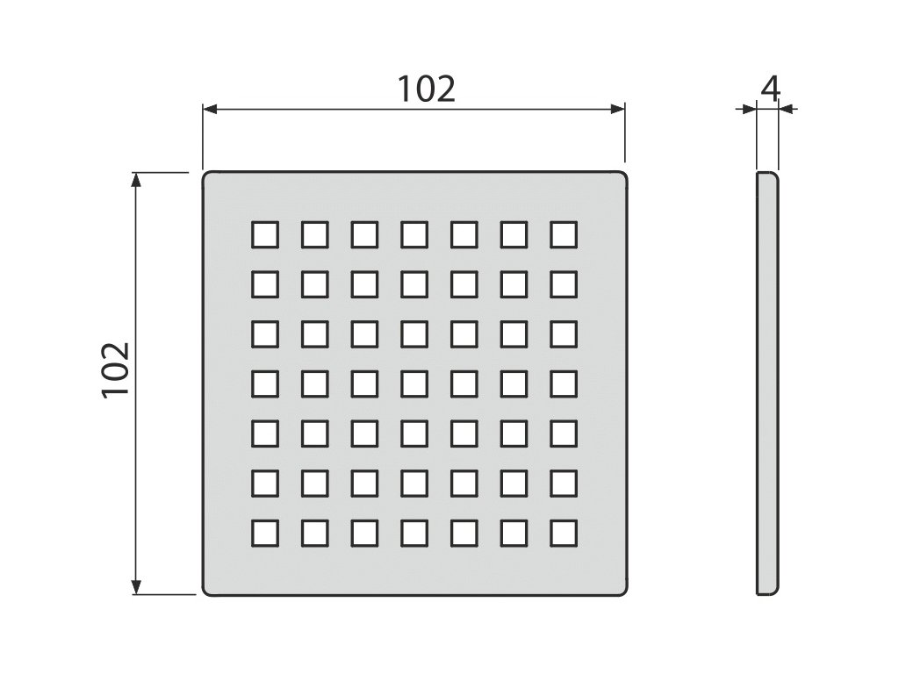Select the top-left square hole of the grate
pyautogui.click(x=264, y=234)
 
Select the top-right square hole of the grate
pyautogui.click(x=565, y=234)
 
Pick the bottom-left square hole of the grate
pyautogui.click(x=264, y=532)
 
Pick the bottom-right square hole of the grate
pyautogui.click(x=565, y=532)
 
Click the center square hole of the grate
pyautogui.click(x=414, y=383)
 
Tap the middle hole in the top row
pyautogui.click(x=414, y=234)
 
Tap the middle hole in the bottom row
pyautogui.click(x=414, y=532)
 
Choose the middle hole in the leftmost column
pyautogui.click(x=264, y=383)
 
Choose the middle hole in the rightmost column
pyautogui.click(x=565, y=383)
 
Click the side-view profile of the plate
pyautogui.click(x=766, y=384)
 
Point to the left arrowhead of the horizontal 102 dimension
pyautogui.click(x=209, y=109)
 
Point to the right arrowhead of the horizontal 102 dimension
pyautogui.click(x=619, y=109)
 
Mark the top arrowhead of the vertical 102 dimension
pyautogui.click(x=136, y=178)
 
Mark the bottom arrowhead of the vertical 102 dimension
pyautogui.click(x=136, y=588)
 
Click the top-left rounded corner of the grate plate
pyautogui.click(x=207, y=176)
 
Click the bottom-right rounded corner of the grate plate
pyautogui.click(x=623, y=592)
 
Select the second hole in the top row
pyautogui.click(x=314, y=234)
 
